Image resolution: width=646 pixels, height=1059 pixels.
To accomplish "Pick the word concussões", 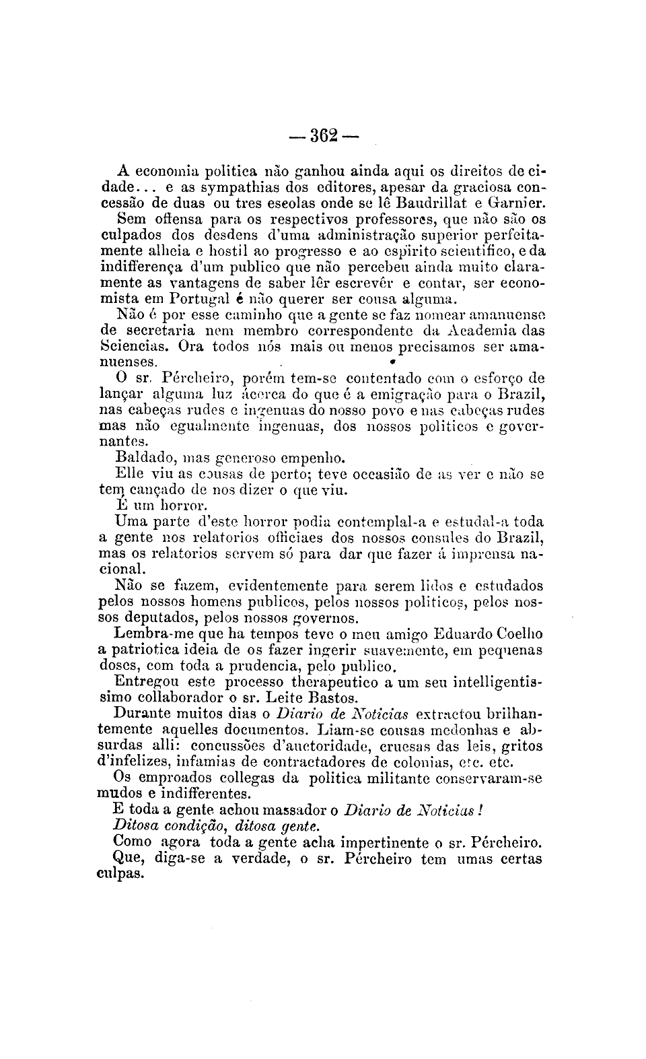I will click(229, 746).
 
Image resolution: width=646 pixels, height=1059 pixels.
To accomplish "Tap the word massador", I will click(301, 810).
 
